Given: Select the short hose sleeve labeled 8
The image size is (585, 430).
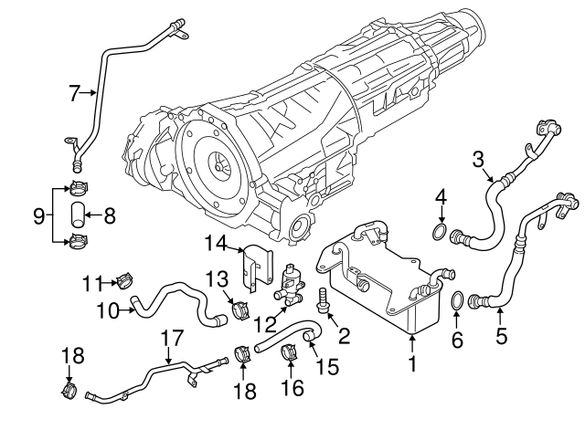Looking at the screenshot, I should tap(78, 216).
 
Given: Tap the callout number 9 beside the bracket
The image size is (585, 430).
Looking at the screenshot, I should tap(38, 216).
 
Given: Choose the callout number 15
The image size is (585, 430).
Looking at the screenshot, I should tap(326, 366).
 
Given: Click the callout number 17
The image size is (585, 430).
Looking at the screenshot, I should tap(166, 338).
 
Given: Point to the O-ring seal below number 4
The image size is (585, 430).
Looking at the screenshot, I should tap(441, 235).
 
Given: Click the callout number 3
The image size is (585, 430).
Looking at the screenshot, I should tap(477, 159).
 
